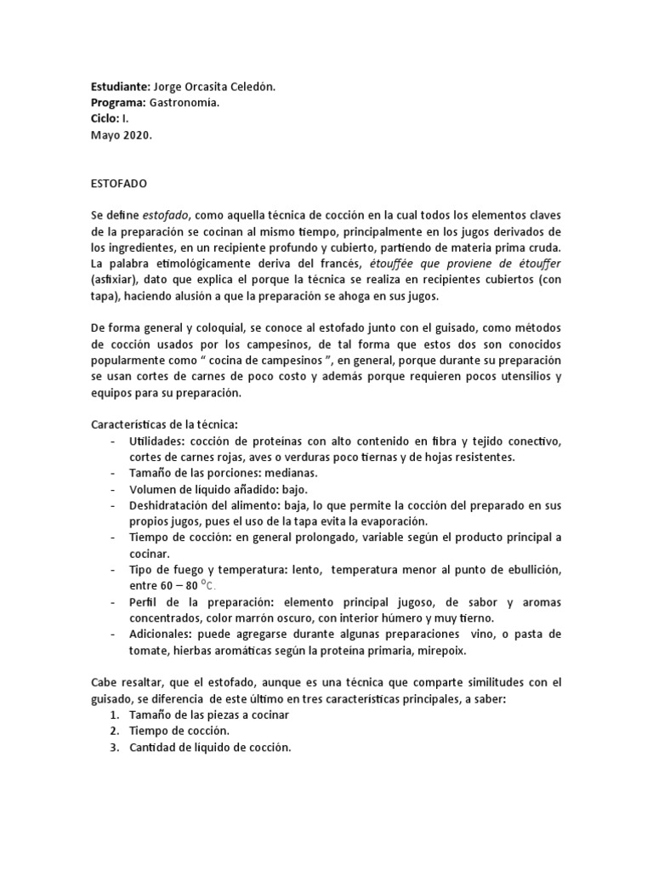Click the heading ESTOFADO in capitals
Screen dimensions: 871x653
pyautogui.click(x=118, y=182)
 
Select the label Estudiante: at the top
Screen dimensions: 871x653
pyautogui.click(x=120, y=86)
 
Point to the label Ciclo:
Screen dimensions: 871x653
pyautogui.click(x=105, y=118)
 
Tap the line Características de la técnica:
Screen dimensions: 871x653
pyautogui.click(x=162, y=424)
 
